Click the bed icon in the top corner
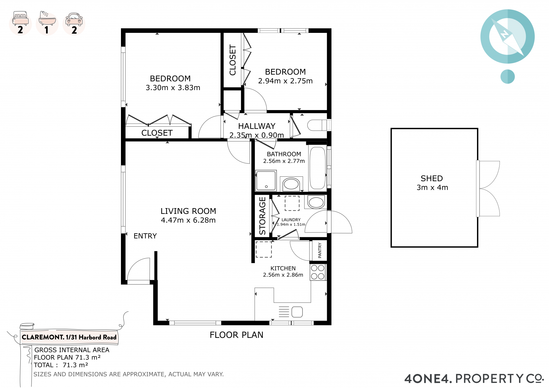(21, 18)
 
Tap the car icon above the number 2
(74, 19)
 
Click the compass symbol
(508, 36)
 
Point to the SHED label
(432, 178)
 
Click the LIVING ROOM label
(188, 211)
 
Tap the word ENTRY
(145, 236)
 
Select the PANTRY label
(320, 250)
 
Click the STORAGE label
(262, 216)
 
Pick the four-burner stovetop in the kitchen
(318, 272)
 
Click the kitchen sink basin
(297, 312)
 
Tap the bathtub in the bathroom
(317, 168)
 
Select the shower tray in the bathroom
(266, 180)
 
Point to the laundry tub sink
(316, 202)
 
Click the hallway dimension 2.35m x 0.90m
(256, 135)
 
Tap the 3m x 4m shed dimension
(432, 188)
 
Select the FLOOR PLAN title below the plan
(236, 335)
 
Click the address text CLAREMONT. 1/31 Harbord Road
(69, 337)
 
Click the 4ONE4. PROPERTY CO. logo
(474, 379)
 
